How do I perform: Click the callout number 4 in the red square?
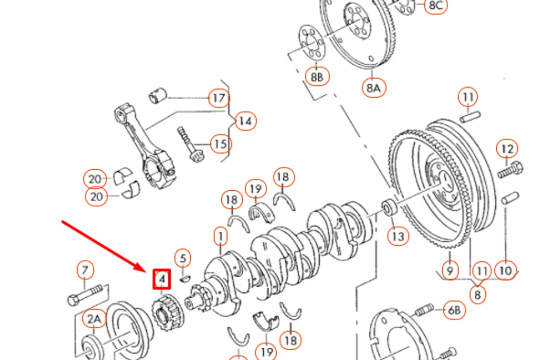(162, 279)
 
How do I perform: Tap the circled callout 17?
(219, 98)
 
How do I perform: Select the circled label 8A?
(374, 88)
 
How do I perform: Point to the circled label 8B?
(317, 77)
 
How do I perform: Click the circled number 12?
(507, 149)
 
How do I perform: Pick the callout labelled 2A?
(94, 320)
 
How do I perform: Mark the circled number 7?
(85, 269)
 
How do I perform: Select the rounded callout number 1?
(221, 237)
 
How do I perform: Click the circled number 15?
(221, 143)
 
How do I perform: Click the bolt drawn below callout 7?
(88, 295)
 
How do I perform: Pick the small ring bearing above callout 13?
(389, 208)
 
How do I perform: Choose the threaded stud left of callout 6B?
(423, 310)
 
